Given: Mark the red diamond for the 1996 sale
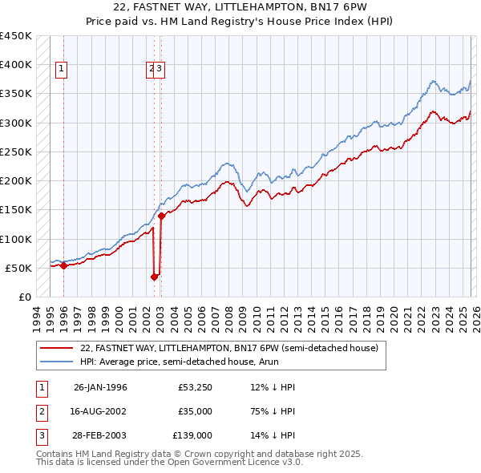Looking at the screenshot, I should (x=64, y=265).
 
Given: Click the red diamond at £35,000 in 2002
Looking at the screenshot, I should (x=154, y=277).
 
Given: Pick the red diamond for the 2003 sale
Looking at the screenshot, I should (x=161, y=216).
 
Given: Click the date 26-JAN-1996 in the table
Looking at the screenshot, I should (x=100, y=387).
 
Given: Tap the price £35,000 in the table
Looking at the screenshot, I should (x=195, y=411).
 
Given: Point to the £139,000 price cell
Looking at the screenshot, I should (x=192, y=435).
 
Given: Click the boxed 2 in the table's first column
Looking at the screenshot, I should (x=40, y=411).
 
